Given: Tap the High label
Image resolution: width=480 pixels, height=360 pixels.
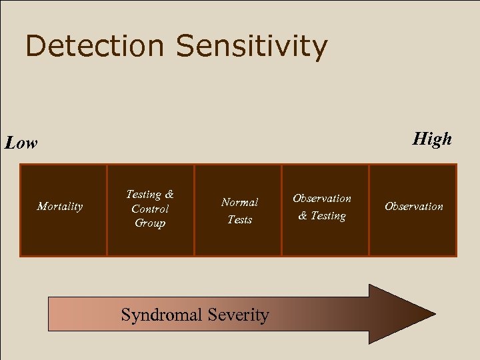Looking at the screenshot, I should pyautogui.click(x=432, y=139).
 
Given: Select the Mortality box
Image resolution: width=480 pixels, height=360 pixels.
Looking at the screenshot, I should pyautogui.click(x=63, y=227).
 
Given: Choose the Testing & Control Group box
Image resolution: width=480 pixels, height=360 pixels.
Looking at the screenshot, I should pyautogui.click(x=151, y=240).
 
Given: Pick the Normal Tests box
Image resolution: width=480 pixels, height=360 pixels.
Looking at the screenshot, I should pyautogui.click(x=238, y=237).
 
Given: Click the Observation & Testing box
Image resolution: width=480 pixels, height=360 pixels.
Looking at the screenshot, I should pyautogui.click(x=325, y=237).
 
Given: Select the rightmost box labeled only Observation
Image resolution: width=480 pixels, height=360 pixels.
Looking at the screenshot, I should pyautogui.click(x=413, y=230).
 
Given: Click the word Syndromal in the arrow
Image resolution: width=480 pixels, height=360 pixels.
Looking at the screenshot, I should pyautogui.click(x=162, y=315).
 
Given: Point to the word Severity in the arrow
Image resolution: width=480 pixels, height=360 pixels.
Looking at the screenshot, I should pyautogui.click(x=238, y=315).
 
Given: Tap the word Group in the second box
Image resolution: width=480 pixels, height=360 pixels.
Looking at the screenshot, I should pyautogui.click(x=150, y=223).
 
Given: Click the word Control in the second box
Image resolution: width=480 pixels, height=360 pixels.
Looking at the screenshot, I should pyautogui.click(x=150, y=209).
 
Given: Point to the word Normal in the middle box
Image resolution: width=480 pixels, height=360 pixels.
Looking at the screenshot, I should pyautogui.click(x=239, y=202).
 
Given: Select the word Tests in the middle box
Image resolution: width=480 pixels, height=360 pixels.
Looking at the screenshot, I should pyautogui.click(x=239, y=219).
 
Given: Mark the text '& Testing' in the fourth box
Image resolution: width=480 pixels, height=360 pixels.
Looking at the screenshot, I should pyautogui.click(x=322, y=216).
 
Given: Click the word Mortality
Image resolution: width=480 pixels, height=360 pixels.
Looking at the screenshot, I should pyautogui.click(x=60, y=207).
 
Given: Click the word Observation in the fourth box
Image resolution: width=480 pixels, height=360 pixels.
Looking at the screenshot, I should pyautogui.click(x=322, y=199).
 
